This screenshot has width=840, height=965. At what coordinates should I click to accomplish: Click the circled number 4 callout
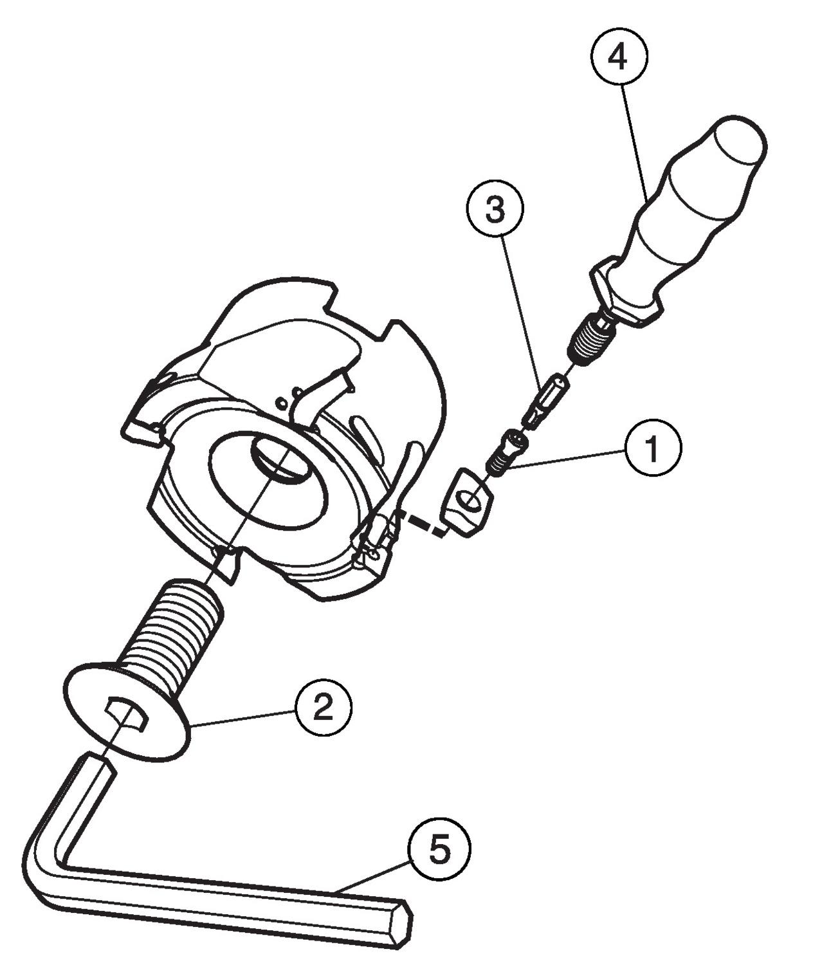[618, 57]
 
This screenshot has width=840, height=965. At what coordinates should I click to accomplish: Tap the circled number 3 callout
[495, 210]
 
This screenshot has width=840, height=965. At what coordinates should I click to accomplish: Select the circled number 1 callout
[652, 448]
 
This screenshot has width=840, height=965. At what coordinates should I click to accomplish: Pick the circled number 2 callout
[323, 707]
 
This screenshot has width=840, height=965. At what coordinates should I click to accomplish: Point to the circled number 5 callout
[440, 849]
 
